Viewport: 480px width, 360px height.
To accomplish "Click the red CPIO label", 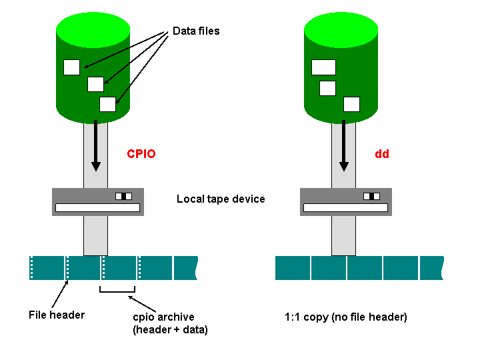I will (x=141, y=154).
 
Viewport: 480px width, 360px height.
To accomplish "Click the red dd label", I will (x=382, y=154).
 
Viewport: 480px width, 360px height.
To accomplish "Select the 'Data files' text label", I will (x=196, y=31).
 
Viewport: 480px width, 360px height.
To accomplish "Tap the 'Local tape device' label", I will (x=221, y=199).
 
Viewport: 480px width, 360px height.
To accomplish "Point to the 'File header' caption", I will (x=57, y=314).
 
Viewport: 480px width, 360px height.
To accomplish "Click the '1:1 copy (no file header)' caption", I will (x=345, y=317).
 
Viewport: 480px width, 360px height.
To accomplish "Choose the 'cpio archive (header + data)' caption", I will (x=170, y=323).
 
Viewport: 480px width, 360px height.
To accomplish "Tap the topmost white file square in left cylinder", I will (x=71, y=67).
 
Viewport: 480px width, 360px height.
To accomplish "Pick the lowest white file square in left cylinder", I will (x=107, y=104).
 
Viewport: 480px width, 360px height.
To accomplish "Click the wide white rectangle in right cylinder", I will (x=323, y=67).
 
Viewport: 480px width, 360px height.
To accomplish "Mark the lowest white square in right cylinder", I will (x=351, y=104).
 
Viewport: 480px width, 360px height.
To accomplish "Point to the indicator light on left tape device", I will (x=124, y=196).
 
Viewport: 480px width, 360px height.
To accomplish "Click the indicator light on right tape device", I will (x=372, y=196).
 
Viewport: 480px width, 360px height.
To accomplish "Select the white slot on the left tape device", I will (x=97, y=208).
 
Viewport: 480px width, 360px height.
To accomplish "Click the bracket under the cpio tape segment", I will (x=117, y=291).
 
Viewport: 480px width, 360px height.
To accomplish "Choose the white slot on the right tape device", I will (x=345, y=208).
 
